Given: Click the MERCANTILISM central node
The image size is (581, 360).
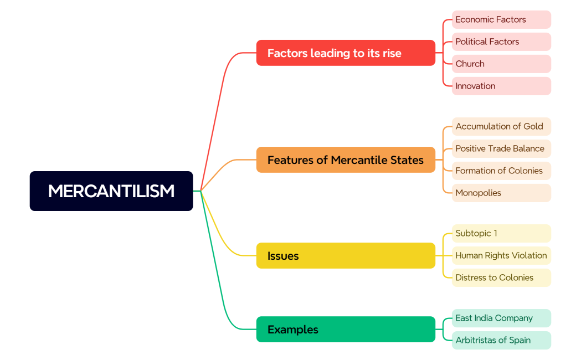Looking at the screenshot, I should coord(111,191).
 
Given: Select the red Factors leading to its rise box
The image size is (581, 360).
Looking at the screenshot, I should coord(346,53).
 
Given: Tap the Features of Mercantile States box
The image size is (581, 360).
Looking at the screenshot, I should coord(346,160).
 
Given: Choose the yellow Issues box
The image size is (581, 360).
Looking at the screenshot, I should coord(346,256).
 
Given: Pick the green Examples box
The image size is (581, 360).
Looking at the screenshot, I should coord(346,330).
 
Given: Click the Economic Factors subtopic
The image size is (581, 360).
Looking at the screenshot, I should coord(501,19).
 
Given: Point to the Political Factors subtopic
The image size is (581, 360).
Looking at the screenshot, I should coord(501,42).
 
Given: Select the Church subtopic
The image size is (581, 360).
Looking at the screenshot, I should coord(501,64).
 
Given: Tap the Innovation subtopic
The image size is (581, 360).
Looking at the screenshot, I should coord(501,86).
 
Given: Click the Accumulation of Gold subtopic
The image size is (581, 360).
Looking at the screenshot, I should coord(501,126).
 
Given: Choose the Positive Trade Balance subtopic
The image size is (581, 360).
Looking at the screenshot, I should coord(501,148).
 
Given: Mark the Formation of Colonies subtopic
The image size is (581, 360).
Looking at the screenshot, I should coord(501,171).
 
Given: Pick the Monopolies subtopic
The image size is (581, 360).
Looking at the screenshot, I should coord(501,193).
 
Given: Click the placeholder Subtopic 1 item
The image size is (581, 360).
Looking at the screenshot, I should coord(501,233).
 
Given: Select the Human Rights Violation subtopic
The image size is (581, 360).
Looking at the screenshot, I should coord(501,255).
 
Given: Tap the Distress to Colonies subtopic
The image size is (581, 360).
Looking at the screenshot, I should coord(501,277).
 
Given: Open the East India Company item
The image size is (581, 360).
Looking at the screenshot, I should coord(501,318).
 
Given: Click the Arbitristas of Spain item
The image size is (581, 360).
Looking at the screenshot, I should coord(501,340).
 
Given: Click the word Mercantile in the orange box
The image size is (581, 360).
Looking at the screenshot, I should coord(357,160).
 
